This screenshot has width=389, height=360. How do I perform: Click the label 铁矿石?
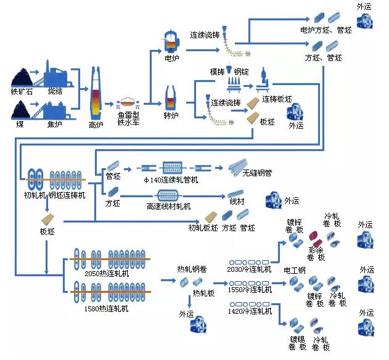(x=22, y=91)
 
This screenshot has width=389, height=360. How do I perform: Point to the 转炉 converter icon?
(x=171, y=98)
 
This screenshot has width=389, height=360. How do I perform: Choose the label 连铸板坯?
(x=277, y=99)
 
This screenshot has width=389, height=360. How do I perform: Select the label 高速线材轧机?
(x=169, y=206)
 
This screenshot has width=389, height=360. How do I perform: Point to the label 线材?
(x=238, y=201)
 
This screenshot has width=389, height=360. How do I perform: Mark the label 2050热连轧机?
(x=107, y=272)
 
